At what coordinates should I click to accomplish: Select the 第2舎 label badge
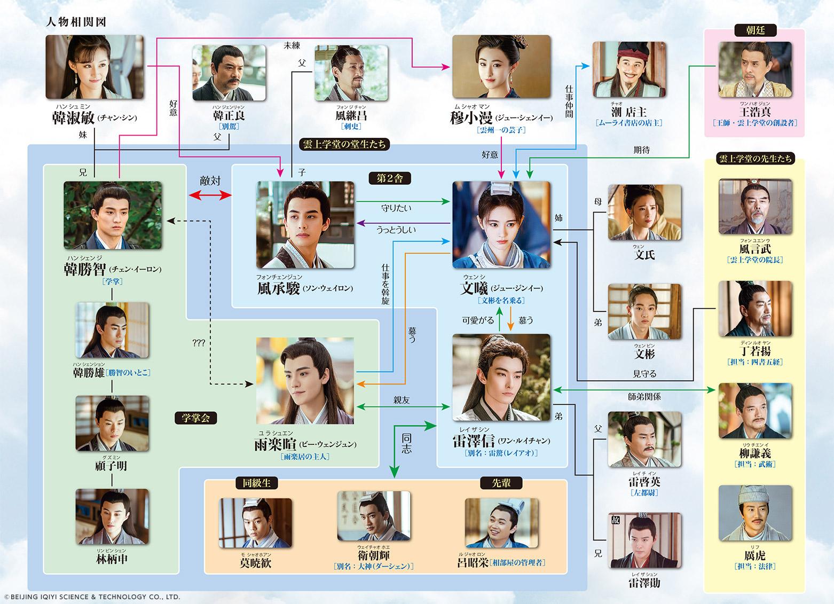390,178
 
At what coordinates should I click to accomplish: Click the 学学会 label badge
195,418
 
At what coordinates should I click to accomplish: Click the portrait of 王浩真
755,69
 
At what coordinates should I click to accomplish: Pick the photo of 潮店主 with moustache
628,69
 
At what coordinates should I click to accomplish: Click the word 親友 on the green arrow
402,400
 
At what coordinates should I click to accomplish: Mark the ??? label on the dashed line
199,343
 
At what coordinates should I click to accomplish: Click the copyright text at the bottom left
91,597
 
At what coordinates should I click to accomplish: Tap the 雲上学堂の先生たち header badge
755,159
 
